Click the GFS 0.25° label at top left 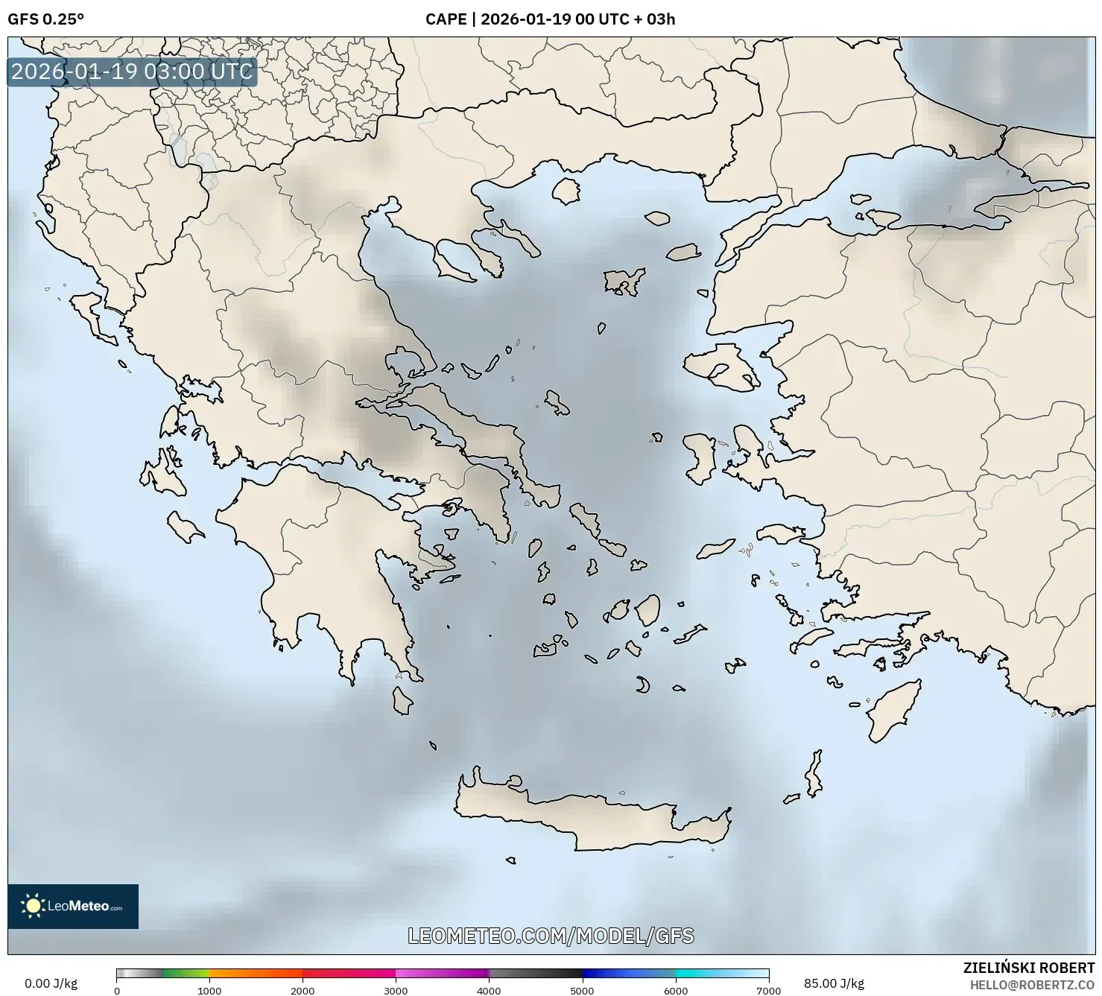tap(45, 19)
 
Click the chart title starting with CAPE tap(550, 19)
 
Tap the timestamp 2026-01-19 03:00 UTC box tap(132, 72)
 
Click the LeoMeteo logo tap(73, 906)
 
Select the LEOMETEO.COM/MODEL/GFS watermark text tap(551, 936)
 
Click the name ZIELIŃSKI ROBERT tap(1028, 968)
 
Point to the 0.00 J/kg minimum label tap(51, 983)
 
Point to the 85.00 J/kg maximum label tap(834, 983)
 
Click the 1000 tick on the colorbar tap(209, 991)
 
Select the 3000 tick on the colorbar tap(396, 991)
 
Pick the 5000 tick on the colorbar tap(582, 991)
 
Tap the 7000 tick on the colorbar tap(768, 991)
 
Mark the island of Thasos tap(566, 191)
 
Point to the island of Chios tap(699, 459)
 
